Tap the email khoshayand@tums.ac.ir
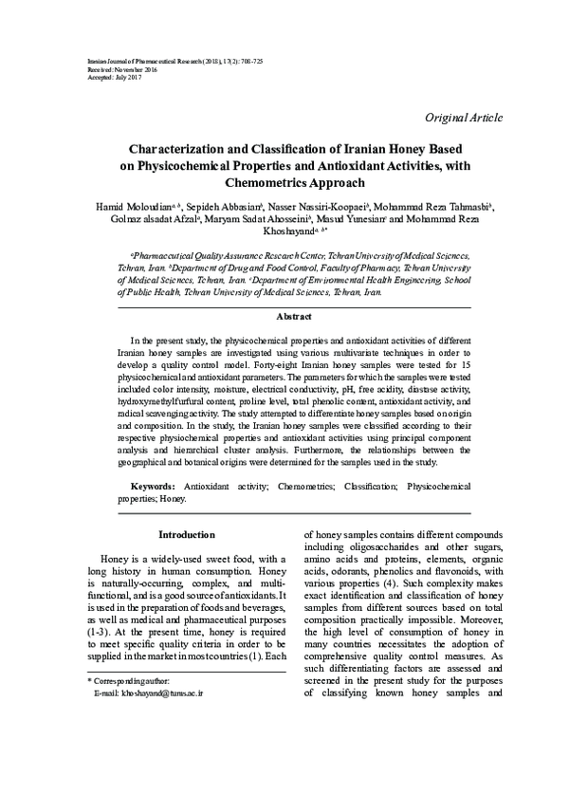point(155,774)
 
